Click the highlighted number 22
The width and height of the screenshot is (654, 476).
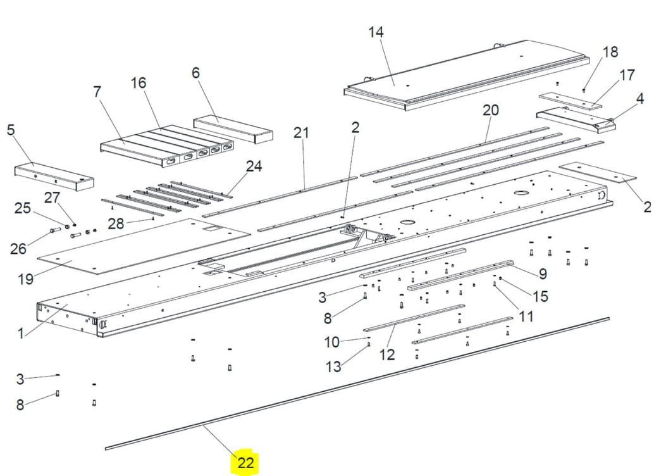click(245, 463)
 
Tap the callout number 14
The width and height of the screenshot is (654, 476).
click(376, 32)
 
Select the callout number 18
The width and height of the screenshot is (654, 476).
click(610, 52)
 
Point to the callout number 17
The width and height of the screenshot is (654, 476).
click(627, 75)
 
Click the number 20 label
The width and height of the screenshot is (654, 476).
click(491, 110)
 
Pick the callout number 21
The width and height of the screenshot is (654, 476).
click(301, 133)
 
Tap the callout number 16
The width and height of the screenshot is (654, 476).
click(139, 83)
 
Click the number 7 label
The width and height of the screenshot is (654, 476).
click(97, 91)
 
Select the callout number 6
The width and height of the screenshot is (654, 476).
click(195, 73)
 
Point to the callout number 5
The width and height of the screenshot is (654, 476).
click(11, 129)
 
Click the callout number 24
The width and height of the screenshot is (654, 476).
click(254, 166)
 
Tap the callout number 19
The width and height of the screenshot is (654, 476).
click(25, 279)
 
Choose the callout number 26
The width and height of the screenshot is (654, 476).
click(18, 249)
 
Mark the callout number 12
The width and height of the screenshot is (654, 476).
click(387, 355)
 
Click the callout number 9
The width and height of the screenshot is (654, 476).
click(543, 274)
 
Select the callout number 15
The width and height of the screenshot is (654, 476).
click(540, 296)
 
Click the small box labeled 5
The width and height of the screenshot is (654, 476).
click(54, 177)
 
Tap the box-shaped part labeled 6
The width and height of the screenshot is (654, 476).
click(233, 130)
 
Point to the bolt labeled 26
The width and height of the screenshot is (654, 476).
click(55, 230)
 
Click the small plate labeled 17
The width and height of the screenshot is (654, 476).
click(571, 101)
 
